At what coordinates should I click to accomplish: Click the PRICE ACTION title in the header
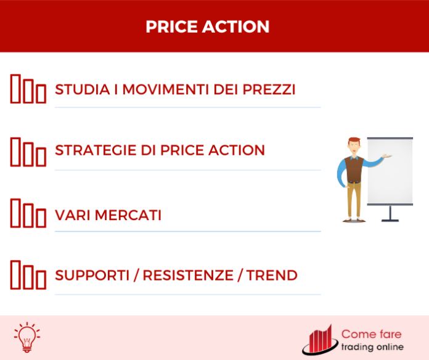[208, 27]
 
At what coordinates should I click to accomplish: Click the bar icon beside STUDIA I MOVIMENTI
[28, 89]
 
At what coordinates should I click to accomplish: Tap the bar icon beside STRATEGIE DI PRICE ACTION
[28, 151]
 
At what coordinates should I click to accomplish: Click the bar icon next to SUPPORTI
[28, 275]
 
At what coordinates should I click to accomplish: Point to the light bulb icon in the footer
[26, 337]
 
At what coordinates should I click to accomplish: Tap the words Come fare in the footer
[371, 334]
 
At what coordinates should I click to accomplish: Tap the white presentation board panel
[390, 171]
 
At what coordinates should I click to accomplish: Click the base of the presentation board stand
[390, 219]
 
